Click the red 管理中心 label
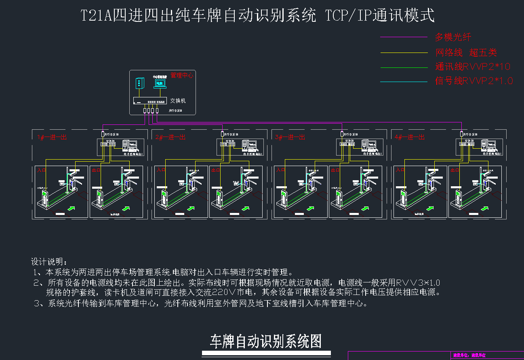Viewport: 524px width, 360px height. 182,75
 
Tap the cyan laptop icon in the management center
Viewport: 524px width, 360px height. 160,83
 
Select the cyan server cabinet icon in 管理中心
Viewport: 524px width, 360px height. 139,83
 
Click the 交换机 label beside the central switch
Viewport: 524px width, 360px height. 178,101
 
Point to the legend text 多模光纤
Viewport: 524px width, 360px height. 453,38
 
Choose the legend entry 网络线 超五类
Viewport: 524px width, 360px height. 466,53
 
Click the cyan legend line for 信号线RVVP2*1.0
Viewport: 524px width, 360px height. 404,82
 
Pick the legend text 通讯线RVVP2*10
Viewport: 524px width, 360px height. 473,67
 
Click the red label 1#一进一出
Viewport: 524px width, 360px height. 52,137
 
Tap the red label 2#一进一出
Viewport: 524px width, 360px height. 170,137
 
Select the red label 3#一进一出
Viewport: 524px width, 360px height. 290,137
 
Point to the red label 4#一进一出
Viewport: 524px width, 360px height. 410,137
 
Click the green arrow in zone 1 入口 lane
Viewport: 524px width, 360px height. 72,208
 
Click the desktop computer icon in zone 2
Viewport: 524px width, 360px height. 247,145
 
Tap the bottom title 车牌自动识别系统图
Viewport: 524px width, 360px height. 266,342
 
